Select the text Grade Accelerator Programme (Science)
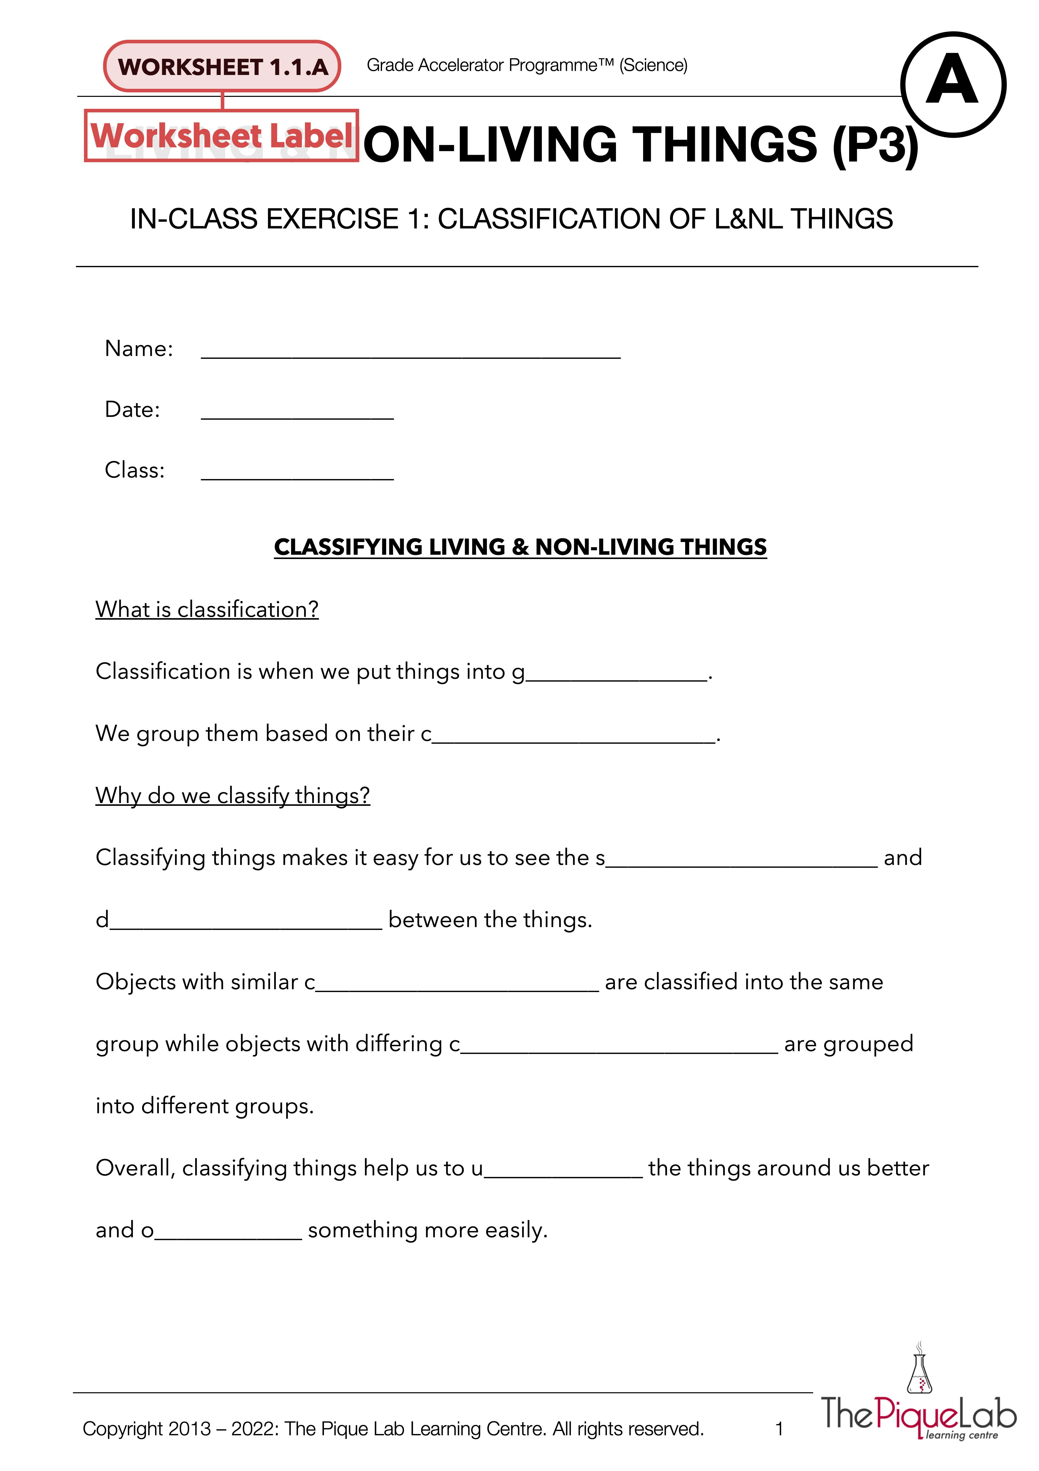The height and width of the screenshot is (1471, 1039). [527, 65]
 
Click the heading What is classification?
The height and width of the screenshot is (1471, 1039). [207, 609]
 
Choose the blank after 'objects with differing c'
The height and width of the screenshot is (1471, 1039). [619, 1047]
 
